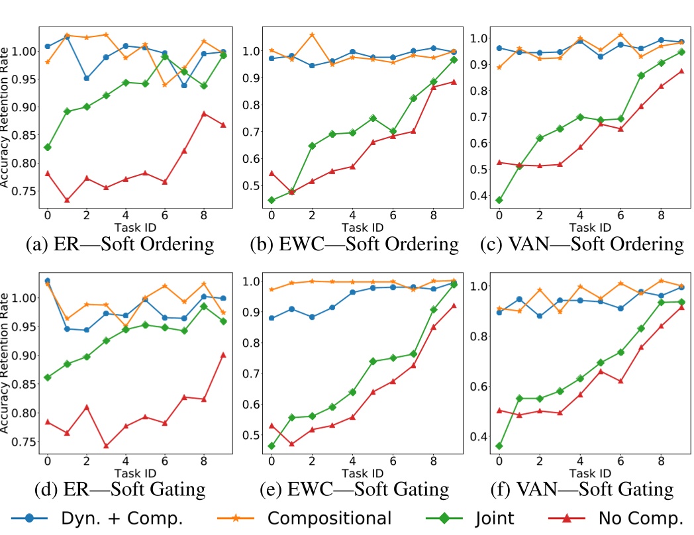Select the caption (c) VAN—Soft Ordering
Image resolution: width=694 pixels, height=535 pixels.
pyautogui.click(x=581, y=244)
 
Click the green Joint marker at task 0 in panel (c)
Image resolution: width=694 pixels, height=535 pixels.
pyautogui.click(x=498, y=200)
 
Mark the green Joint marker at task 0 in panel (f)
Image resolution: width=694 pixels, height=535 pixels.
pyautogui.click(x=498, y=446)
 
